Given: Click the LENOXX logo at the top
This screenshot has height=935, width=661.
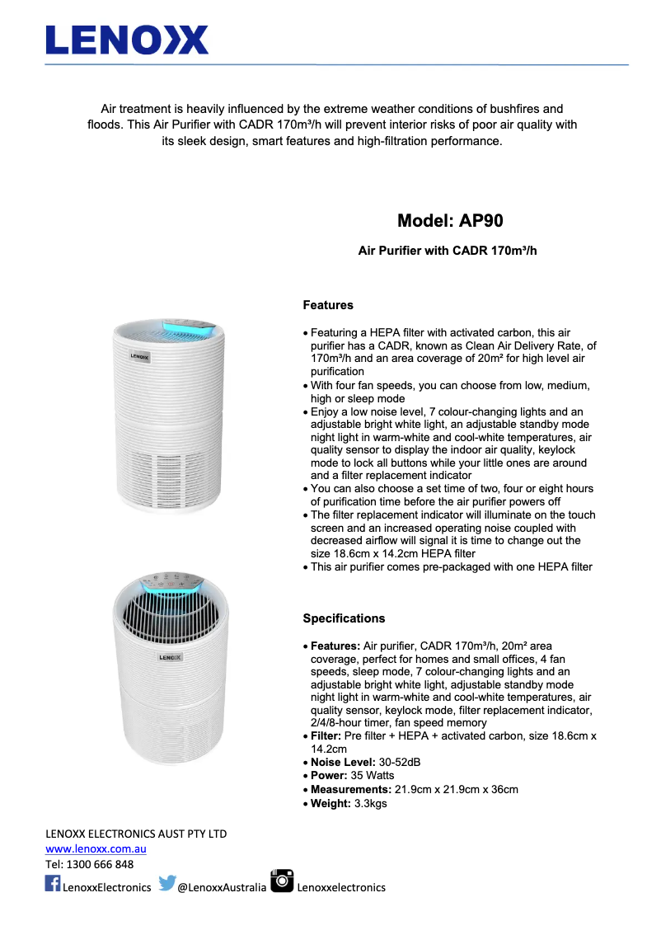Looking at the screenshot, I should point(127,40).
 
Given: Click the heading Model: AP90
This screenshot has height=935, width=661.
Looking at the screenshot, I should point(450,220).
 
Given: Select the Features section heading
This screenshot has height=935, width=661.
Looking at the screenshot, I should point(328,306).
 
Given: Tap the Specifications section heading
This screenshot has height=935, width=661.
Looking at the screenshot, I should point(344,618).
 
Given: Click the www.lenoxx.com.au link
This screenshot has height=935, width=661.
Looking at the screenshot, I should point(96,848).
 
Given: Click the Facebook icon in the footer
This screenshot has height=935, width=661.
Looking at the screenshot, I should point(53,884).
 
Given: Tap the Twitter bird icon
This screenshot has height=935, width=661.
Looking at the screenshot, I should point(166,884).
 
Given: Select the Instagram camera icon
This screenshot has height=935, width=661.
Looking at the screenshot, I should point(282,881).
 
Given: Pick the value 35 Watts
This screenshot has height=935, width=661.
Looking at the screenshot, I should point(375,776).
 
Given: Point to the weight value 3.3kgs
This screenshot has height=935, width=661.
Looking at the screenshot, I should point(370,803).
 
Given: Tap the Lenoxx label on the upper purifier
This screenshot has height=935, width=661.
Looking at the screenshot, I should point(139,358).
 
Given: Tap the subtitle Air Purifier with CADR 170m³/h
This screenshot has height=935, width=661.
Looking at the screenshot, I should point(448,250).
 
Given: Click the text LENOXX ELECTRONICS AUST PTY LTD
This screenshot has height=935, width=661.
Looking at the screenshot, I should point(136,834).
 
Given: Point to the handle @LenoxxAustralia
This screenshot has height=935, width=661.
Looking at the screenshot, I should point(222,887).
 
